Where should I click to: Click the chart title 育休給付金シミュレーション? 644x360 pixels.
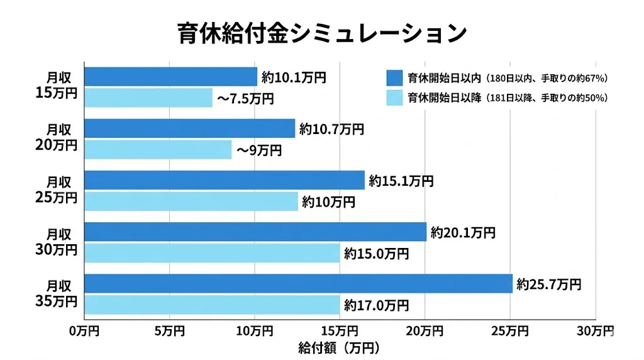tap(321, 33)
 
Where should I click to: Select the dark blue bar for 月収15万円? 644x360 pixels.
tap(170, 77)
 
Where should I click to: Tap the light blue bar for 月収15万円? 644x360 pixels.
tap(148, 98)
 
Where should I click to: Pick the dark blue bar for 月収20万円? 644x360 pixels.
tap(189, 128)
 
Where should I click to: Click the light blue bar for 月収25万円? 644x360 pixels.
tap(191, 201)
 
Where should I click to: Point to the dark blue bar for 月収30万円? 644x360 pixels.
tap(255, 232)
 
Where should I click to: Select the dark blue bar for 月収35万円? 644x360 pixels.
tap(298, 284)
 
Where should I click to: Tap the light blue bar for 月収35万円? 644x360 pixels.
tap(212, 305)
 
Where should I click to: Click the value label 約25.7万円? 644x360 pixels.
tap(548, 284)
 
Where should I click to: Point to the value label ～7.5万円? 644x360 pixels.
tap(245, 98)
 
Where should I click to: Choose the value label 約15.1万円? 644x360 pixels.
tap(401, 181)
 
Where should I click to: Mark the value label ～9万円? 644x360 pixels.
tap(258, 150)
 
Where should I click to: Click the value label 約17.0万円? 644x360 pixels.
tap(376, 305)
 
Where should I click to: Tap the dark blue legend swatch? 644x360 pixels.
tap(394, 78)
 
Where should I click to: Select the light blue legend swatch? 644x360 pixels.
tap(394, 98)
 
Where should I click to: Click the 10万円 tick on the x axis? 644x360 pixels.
tap(255, 330)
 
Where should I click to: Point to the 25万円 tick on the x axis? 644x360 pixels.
tap(510, 330)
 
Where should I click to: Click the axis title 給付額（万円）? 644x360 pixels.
tap(340, 347)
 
